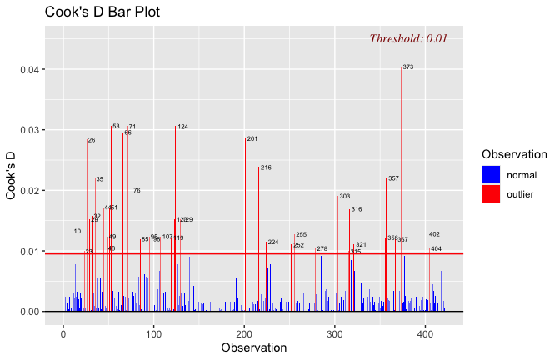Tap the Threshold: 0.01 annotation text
click(x=408, y=38)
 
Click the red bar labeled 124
click(x=175, y=217)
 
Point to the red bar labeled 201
click(x=245, y=225)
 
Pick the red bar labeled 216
click(x=258, y=237)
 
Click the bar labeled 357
click(x=386, y=242)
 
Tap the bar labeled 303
click(x=337, y=250)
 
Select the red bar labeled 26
click(x=87, y=225)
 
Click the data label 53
click(x=116, y=127)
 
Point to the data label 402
click(x=434, y=234)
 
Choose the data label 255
click(x=301, y=235)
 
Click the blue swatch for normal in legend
click(x=492, y=174)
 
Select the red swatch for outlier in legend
click(x=492, y=193)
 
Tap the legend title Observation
click(x=514, y=154)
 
